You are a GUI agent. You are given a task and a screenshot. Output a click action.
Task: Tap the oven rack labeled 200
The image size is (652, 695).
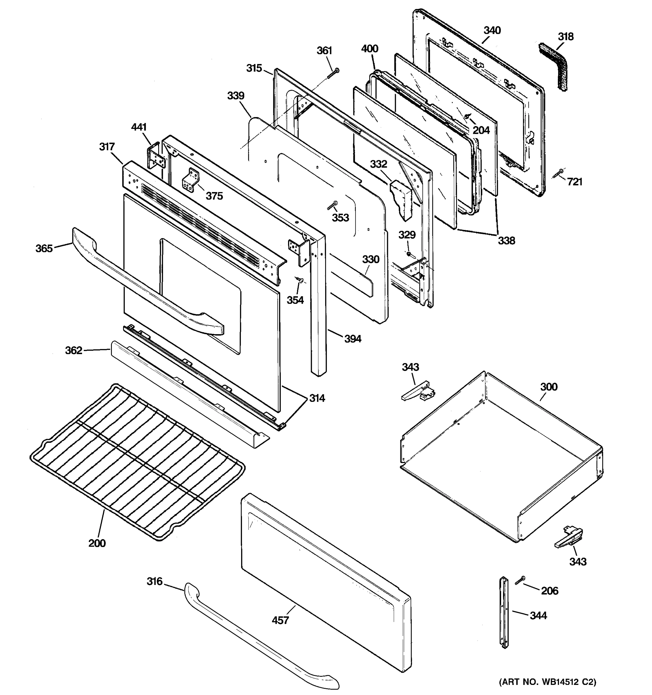136,462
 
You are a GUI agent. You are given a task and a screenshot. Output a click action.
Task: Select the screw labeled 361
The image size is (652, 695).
333,74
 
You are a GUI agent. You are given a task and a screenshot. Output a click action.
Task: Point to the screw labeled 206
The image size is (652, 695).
520,580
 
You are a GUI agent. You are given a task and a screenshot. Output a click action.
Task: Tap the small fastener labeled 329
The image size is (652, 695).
409,253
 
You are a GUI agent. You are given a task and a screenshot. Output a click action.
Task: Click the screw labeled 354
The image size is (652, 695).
300,279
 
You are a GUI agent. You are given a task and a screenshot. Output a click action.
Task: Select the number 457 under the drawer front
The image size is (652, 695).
280,620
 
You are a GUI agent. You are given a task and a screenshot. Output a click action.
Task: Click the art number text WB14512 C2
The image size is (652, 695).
547,682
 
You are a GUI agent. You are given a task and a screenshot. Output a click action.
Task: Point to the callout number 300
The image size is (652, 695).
549,387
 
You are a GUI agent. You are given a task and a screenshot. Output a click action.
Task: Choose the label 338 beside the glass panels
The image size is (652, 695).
506,241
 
